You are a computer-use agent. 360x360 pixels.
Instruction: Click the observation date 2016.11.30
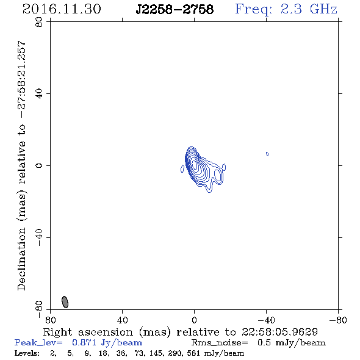62,9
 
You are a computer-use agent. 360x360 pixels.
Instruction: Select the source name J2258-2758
175,9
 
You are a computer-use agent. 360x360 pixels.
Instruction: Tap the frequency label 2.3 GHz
309,9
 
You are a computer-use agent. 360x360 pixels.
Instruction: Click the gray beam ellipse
65,302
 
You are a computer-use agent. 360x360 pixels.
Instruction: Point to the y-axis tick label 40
39,94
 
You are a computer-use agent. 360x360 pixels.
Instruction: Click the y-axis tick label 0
39,165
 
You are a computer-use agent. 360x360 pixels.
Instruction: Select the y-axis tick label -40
39,237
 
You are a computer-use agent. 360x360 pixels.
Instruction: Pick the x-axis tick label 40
122,320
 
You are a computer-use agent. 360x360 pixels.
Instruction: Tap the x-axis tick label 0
194,320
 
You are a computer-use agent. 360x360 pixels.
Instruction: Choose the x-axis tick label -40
266,320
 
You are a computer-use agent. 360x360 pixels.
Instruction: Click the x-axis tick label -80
338,320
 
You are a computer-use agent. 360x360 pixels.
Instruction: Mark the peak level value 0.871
84,342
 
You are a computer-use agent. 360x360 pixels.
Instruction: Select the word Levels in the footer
27,353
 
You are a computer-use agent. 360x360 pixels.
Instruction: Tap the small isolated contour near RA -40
267,154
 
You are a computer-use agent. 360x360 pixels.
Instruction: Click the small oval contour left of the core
182,169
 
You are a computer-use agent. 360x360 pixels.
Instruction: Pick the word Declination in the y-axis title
21,259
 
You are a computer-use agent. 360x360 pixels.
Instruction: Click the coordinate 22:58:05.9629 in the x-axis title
279,332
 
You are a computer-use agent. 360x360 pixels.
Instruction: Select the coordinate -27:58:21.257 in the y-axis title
21,80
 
